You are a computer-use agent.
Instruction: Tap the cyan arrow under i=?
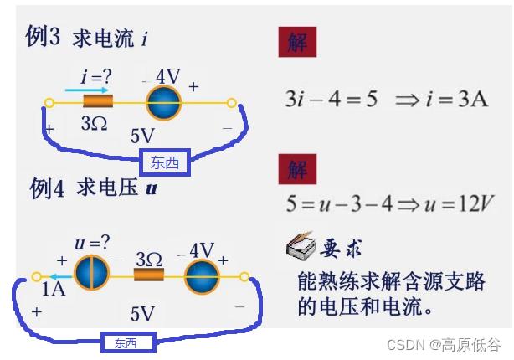pyautogui.click(x=87, y=90)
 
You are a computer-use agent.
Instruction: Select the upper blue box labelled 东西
pyautogui.click(x=165, y=162)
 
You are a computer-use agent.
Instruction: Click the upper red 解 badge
pyautogui.click(x=297, y=42)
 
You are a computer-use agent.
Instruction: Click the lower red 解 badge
pyautogui.click(x=297, y=171)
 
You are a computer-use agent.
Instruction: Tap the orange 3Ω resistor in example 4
pyautogui.click(x=149, y=276)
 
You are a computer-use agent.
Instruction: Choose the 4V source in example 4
pyautogui.click(x=202, y=276)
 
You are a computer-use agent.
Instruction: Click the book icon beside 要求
pyautogui.click(x=300, y=249)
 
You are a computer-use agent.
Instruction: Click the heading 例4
pyautogui.click(x=48, y=188)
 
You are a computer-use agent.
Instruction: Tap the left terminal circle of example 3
pyautogui.click(x=49, y=104)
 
